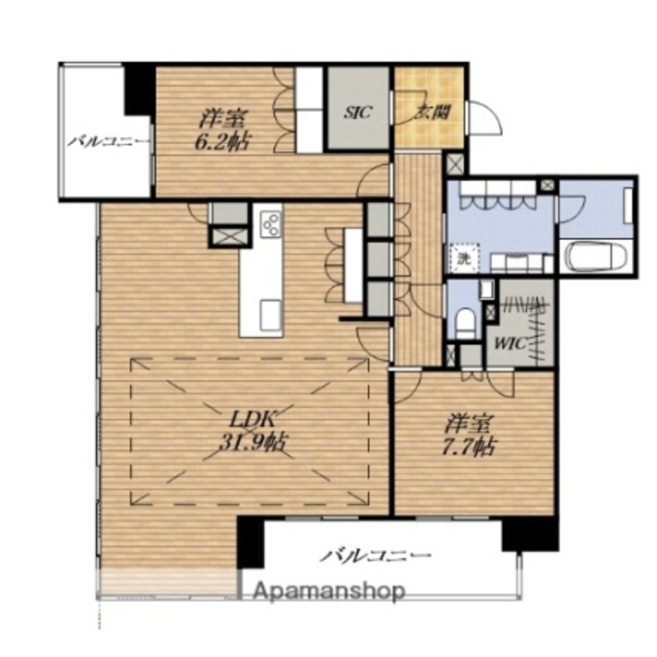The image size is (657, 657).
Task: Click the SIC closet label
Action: (x=358, y=112)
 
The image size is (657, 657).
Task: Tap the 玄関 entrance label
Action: (x=433, y=113)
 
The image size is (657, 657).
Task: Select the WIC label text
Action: (x=510, y=344)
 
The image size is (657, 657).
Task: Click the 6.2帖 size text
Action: (x=222, y=143)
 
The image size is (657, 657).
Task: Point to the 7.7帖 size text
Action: (x=469, y=447)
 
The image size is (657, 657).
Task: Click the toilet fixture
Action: (x=464, y=322)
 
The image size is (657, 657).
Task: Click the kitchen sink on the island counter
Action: (x=271, y=315)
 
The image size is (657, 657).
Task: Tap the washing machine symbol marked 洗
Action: (x=463, y=258)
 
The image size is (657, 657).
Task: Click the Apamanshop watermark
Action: (x=329, y=591)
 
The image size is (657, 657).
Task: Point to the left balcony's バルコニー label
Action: (x=108, y=141)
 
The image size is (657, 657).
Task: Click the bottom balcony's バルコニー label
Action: (x=376, y=556)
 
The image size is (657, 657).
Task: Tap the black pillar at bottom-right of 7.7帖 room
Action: (x=530, y=533)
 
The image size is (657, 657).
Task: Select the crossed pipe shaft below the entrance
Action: (x=455, y=164)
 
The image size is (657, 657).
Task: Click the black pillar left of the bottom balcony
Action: (x=250, y=543)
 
